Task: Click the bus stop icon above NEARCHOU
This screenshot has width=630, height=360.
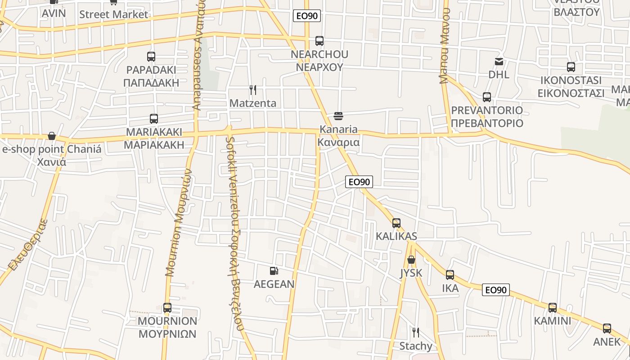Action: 319,41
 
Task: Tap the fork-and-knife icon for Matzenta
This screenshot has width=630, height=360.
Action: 253,90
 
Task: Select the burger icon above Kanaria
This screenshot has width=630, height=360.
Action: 338,116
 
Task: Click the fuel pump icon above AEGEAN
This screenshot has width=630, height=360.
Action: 274,271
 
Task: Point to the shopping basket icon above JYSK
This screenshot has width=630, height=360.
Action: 411,260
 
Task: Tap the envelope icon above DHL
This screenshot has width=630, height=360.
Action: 499,62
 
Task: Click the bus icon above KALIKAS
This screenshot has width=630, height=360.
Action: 396,223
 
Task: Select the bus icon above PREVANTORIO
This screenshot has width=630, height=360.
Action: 487,97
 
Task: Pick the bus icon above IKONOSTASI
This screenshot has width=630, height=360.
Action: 571,67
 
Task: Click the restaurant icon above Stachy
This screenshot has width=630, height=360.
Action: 416,333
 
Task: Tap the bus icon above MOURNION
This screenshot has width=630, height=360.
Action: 167,308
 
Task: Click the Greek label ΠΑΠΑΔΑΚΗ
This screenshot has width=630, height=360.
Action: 151,83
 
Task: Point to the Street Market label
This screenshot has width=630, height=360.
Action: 113,14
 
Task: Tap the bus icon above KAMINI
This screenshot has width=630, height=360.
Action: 553,308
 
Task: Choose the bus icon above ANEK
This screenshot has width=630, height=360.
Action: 607,328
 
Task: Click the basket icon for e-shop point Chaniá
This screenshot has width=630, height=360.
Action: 52,136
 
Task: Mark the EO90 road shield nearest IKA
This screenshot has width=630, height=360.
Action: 496,290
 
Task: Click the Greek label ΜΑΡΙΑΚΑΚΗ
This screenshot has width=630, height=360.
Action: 154,145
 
